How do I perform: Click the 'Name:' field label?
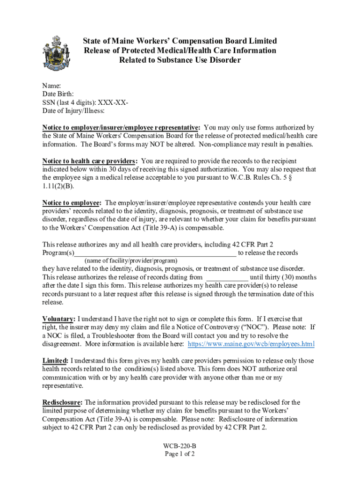click(52, 86)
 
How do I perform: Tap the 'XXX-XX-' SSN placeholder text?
click(114, 102)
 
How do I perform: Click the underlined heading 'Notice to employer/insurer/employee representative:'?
click(122, 128)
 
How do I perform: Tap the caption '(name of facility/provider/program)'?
click(131, 261)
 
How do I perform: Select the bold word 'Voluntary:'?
click(58, 319)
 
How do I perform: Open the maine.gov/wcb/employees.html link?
click(251, 344)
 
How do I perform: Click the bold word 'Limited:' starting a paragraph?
click(56, 361)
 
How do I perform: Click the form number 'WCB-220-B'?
click(180, 446)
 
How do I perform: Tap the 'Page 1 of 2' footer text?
click(180, 454)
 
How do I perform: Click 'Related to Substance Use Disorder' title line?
click(180, 60)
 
